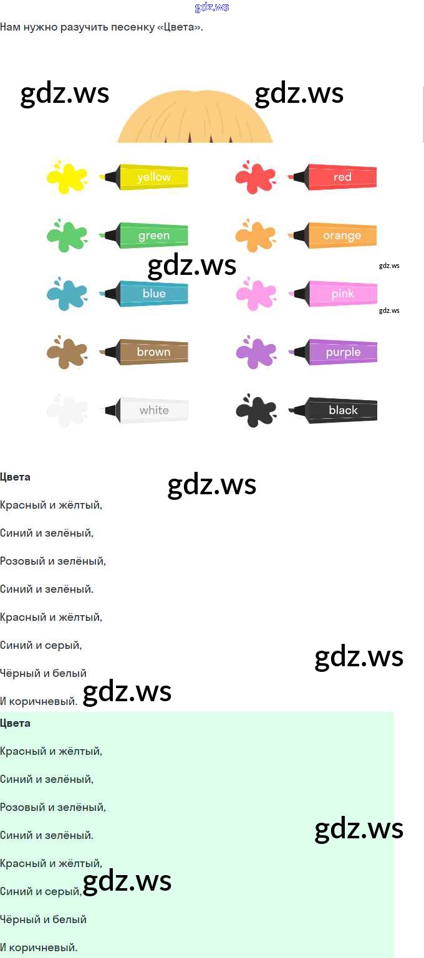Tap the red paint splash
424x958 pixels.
[255, 177]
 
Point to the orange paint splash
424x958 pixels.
[255, 236]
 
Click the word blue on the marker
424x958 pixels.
[154, 294]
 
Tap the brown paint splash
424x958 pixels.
[67, 352]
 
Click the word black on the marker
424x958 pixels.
[343, 410]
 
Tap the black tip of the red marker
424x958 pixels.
[300, 177]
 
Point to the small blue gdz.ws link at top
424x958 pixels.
[212, 7]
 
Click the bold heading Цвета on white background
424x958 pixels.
[16, 477]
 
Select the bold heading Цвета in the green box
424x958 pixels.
[16, 723]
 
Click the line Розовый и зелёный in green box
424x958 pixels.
[53, 807]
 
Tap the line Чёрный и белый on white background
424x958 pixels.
[43, 673]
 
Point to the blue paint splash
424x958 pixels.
[67, 294]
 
